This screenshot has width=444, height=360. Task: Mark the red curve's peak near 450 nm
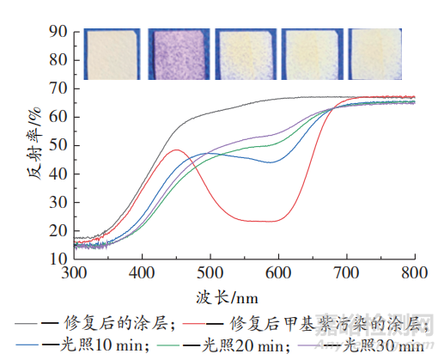tap(176, 150)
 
